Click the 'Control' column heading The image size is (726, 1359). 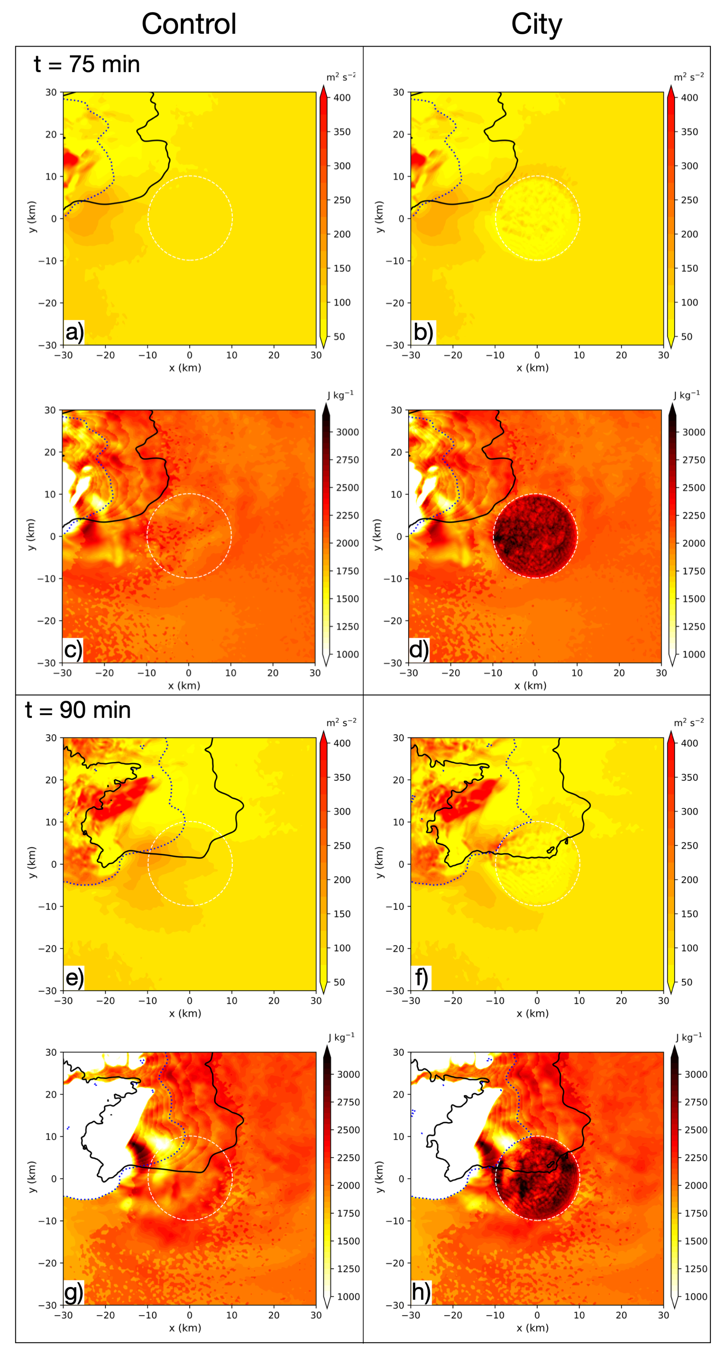tap(189, 24)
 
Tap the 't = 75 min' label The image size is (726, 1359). tap(87, 64)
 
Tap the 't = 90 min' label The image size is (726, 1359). tap(78, 710)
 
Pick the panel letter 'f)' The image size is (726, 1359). tap(421, 977)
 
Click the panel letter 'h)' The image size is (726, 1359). tap(421, 1293)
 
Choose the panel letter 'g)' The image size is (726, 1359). tap(74, 1293)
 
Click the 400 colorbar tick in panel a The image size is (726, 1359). tap(342, 98)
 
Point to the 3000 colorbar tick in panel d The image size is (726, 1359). tap(693, 432)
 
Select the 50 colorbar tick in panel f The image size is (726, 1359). tap(686, 982)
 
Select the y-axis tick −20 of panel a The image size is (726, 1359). tap(47, 303)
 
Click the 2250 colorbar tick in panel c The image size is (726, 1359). tap(348, 515)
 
